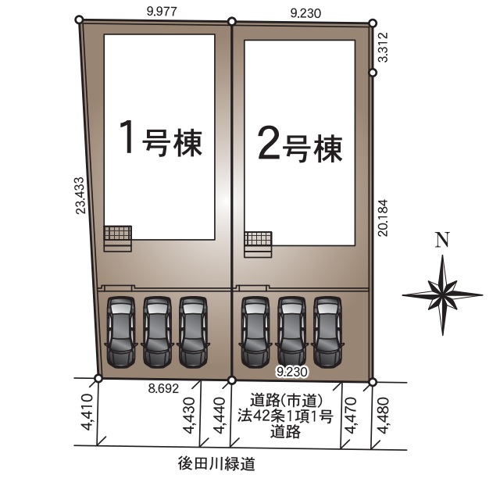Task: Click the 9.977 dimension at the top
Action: (162, 12)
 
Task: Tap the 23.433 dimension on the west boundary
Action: (80, 195)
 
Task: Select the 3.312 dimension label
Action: (384, 47)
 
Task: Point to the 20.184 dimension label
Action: (383, 218)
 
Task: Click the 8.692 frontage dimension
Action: (163, 388)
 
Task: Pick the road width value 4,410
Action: (87, 412)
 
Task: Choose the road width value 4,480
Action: (383, 415)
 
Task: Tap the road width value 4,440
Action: (220, 415)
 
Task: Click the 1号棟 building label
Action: (161, 138)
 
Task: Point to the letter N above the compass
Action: (443, 240)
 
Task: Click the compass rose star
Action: (443, 295)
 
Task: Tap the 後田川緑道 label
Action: (217, 464)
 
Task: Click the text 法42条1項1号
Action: (285, 416)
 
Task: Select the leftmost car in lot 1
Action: (121, 333)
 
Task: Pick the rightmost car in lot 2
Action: (327, 333)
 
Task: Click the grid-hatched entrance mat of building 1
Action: (118, 233)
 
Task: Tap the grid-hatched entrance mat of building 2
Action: (258, 239)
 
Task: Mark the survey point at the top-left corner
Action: (79, 20)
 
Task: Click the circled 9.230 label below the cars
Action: (292, 372)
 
